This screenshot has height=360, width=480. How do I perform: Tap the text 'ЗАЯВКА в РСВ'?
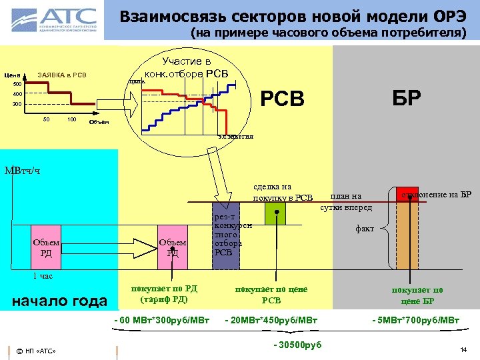point(63,74)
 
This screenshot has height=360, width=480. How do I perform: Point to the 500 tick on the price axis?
point(17,85)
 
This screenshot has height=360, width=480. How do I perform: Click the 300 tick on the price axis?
point(17,104)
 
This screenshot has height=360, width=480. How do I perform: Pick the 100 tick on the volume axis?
point(71,120)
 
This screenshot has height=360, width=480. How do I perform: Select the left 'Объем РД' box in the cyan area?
point(47,247)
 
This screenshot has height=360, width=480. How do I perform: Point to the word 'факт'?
point(365,229)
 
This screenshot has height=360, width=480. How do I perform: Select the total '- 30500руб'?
point(297,344)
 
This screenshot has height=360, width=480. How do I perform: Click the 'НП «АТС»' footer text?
point(40,351)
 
